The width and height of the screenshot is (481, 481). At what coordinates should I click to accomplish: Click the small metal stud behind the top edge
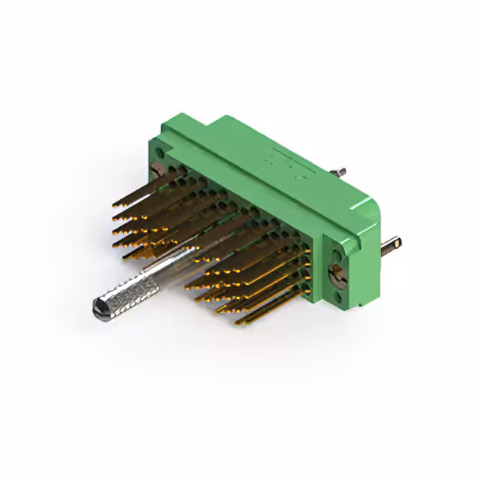coord(339,172)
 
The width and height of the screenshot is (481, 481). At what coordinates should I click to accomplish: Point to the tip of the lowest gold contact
coord(237,324)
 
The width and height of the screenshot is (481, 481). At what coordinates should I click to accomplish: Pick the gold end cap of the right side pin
coord(398,242)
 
